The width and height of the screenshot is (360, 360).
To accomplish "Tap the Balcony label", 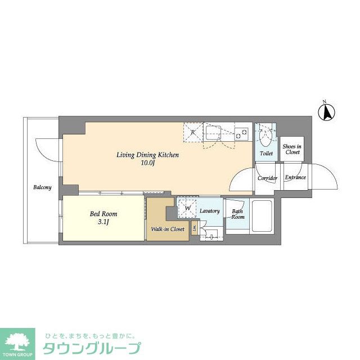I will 42,187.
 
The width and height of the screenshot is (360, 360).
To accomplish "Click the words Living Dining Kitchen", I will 147,155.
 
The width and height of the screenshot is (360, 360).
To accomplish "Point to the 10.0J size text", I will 147,164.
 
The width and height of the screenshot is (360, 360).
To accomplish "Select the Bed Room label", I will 103,214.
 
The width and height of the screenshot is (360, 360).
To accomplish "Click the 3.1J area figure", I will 103,223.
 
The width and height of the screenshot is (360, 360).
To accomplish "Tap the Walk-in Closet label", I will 168,229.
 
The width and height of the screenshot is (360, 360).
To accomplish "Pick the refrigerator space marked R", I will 192,133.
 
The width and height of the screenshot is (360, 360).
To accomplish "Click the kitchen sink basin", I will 214,133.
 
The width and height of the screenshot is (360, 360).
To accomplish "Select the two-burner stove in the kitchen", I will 241,134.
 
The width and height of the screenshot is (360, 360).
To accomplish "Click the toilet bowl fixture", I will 266,134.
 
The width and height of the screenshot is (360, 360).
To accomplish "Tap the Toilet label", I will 266,153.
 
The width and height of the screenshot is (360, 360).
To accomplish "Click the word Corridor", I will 267,178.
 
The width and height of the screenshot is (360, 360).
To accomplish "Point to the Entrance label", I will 295,178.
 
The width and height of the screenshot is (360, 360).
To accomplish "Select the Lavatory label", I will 209,211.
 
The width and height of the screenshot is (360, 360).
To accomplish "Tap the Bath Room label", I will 237,214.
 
